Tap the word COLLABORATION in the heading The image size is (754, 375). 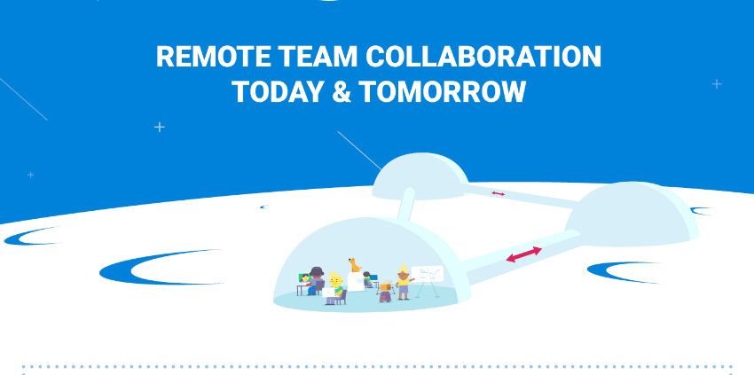click(x=483, y=57)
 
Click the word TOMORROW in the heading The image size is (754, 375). click(x=442, y=91)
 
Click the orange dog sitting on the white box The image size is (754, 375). click(x=355, y=265)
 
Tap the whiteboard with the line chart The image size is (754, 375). click(x=427, y=275)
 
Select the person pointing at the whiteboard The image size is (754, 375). click(x=404, y=282)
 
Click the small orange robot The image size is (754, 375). click(x=386, y=292)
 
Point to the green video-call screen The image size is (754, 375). click(x=304, y=277)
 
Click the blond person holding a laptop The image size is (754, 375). click(x=335, y=289)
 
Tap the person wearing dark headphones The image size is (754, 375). click(x=316, y=281)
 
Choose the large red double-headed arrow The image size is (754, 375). click(x=523, y=254)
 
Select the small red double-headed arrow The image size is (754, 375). click(x=499, y=194)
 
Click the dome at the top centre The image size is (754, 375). click(x=420, y=176)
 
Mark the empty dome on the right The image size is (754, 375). click(x=632, y=214)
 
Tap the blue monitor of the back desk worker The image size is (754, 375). click(x=373, y=277)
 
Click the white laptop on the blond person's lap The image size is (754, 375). click(x=328, y=293)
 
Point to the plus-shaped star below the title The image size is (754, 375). click(x=159, y=127)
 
